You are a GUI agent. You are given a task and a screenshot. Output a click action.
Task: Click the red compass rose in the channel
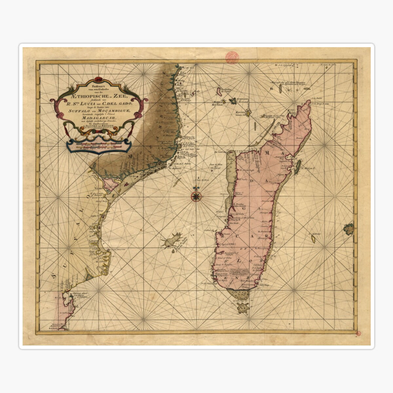click(x=196, y=196)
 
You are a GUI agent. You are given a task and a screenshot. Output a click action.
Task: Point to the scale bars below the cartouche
click(x=99, y=145)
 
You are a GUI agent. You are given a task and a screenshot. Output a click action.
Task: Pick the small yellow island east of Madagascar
click(x=313, y=240)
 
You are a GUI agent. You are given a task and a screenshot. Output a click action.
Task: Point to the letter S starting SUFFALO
click(x=54, y=276)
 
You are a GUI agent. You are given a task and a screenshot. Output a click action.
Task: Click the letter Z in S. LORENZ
click(x=251, y=279)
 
